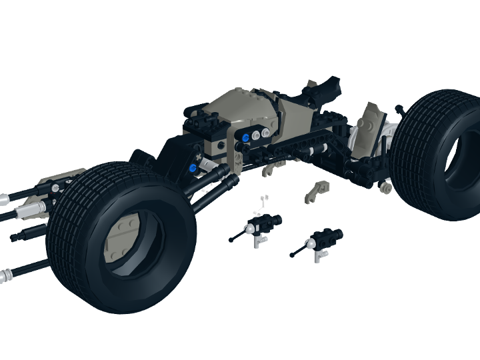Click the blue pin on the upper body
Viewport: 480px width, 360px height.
click(x=246, y=138)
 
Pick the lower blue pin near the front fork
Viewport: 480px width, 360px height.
click(x=193, y=168)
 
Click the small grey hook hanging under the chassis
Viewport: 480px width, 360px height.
click(x=269, y=172)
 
